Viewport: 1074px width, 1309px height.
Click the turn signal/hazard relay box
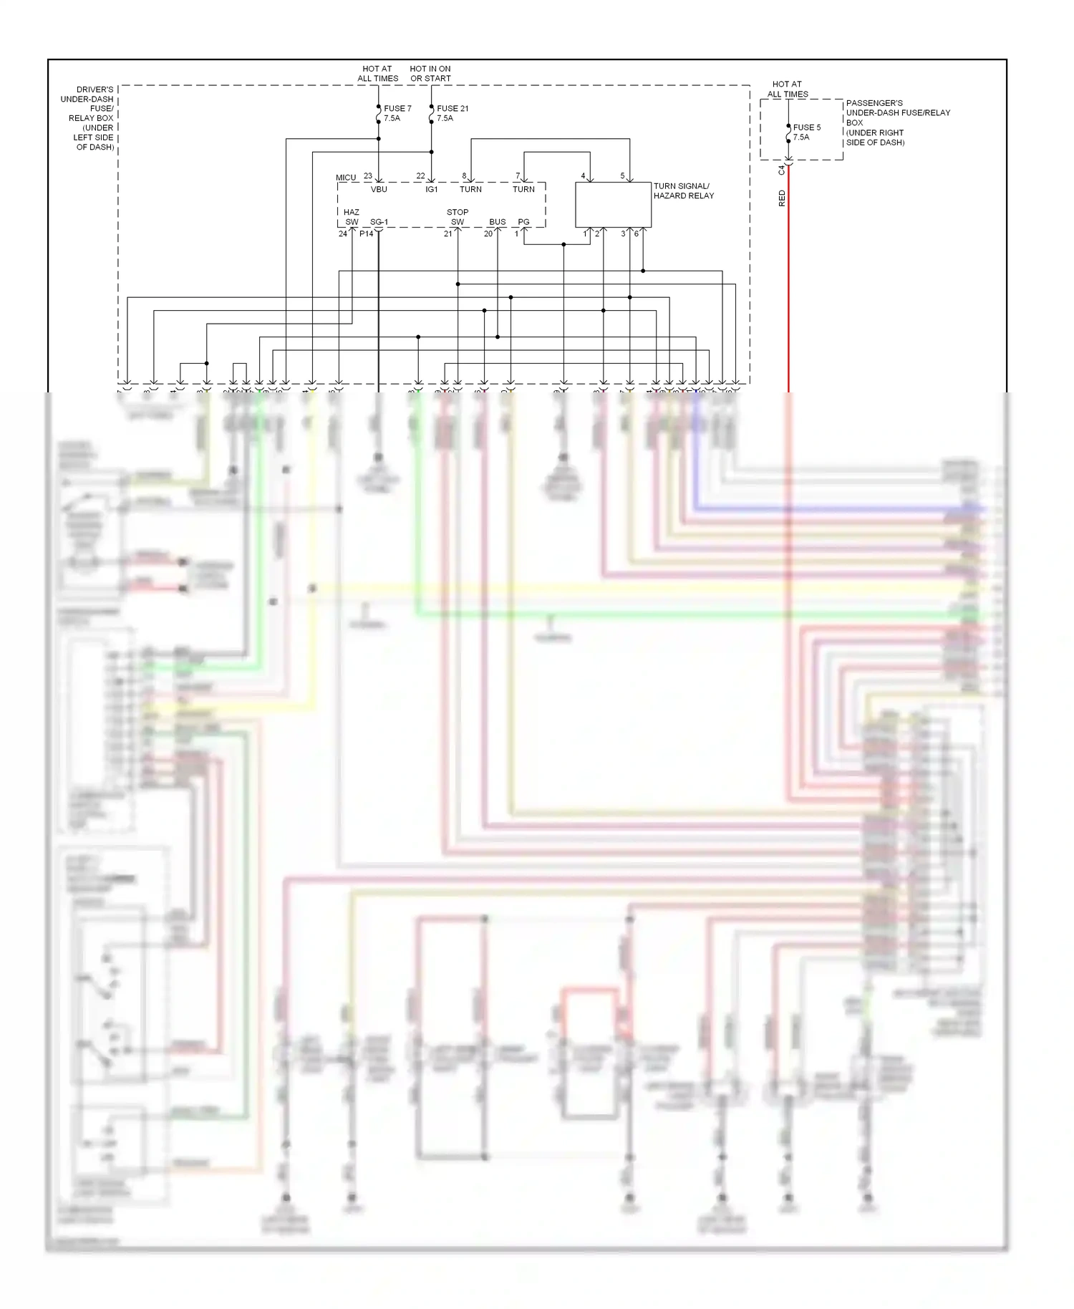[614, 205]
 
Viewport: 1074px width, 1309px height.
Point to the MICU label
[346, 178]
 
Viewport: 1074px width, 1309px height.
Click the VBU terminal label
[379, 189]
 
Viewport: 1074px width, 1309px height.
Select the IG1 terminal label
[432, 189]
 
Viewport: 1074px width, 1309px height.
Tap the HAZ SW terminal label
[352, 217]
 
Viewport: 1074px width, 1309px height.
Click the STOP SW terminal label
[458, 217]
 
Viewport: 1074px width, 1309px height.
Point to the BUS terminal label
[498, 222]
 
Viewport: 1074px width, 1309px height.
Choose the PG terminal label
[524, 222]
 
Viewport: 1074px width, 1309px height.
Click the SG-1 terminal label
[379, 222]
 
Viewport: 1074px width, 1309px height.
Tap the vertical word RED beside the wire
[782, 198]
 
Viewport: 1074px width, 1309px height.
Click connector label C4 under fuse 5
[782, 170]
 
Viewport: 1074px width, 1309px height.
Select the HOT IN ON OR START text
[430, 74]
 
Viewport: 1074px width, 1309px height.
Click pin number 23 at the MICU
[368, 176]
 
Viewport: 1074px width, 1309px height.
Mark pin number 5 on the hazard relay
[622, 176]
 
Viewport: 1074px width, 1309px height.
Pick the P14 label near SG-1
[366, 234]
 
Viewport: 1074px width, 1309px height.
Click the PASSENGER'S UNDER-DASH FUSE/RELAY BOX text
[897, 122]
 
